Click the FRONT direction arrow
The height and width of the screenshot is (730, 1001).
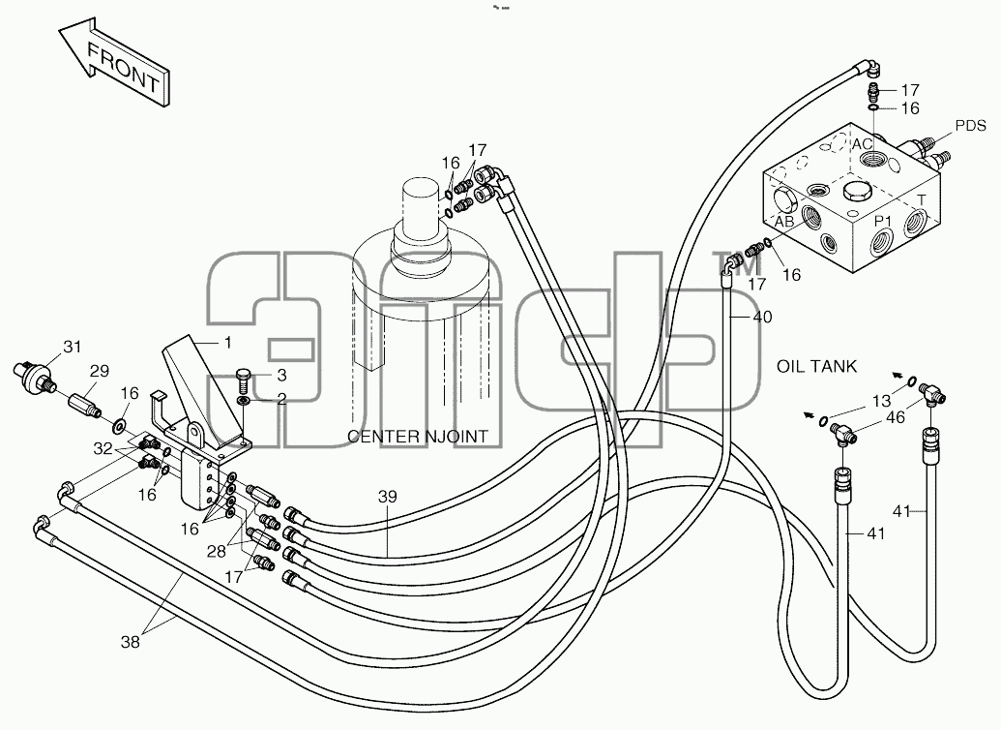coord(115,64)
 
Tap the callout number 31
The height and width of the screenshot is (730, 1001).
coord(73,347)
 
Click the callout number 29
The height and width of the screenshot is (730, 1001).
coord(100,371)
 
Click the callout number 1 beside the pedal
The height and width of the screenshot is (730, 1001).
coord(227,343)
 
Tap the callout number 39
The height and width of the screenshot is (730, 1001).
coord(387,497)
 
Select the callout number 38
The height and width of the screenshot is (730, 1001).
coord(131,642)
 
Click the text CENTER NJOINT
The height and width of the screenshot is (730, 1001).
coord(418,437)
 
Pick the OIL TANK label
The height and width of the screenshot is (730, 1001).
coord(816,366)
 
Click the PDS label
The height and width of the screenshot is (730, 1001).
coord(970,126)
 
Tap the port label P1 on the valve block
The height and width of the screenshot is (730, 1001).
coord(883,221)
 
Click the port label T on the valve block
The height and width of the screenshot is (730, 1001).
coord(921,200)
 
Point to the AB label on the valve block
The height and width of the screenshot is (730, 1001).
coord(784,221)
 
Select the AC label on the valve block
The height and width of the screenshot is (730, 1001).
coord(862,145)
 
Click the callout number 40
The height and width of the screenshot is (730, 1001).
coord(762,317)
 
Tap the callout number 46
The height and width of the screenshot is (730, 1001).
coord(896,417)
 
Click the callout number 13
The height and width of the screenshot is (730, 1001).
coord(881,401)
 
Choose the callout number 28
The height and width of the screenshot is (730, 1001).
coord(217,551)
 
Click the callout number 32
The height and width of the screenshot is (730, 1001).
coord(103,448)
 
